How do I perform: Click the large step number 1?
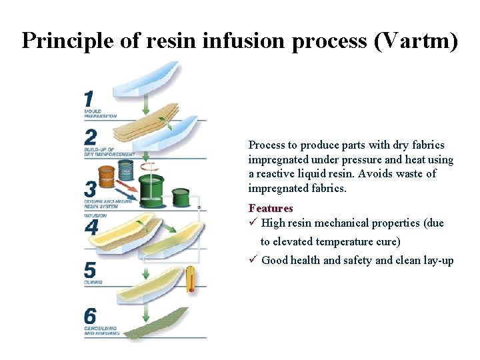89,99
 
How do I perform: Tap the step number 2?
91,137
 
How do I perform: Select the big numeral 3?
90,189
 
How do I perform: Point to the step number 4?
91,227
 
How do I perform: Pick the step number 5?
90,269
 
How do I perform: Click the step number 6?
91,315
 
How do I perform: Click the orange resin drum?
106,177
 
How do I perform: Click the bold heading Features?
270,209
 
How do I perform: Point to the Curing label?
93,283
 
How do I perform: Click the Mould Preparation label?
100,113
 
